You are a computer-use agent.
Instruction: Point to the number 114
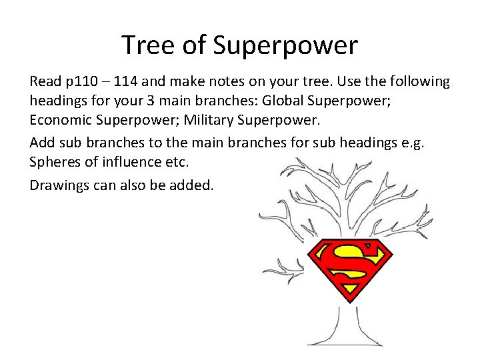(x=126, y=81)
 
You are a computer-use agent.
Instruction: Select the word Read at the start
(x=45, y=81)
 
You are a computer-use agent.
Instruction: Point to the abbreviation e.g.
(x=437, y=143)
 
